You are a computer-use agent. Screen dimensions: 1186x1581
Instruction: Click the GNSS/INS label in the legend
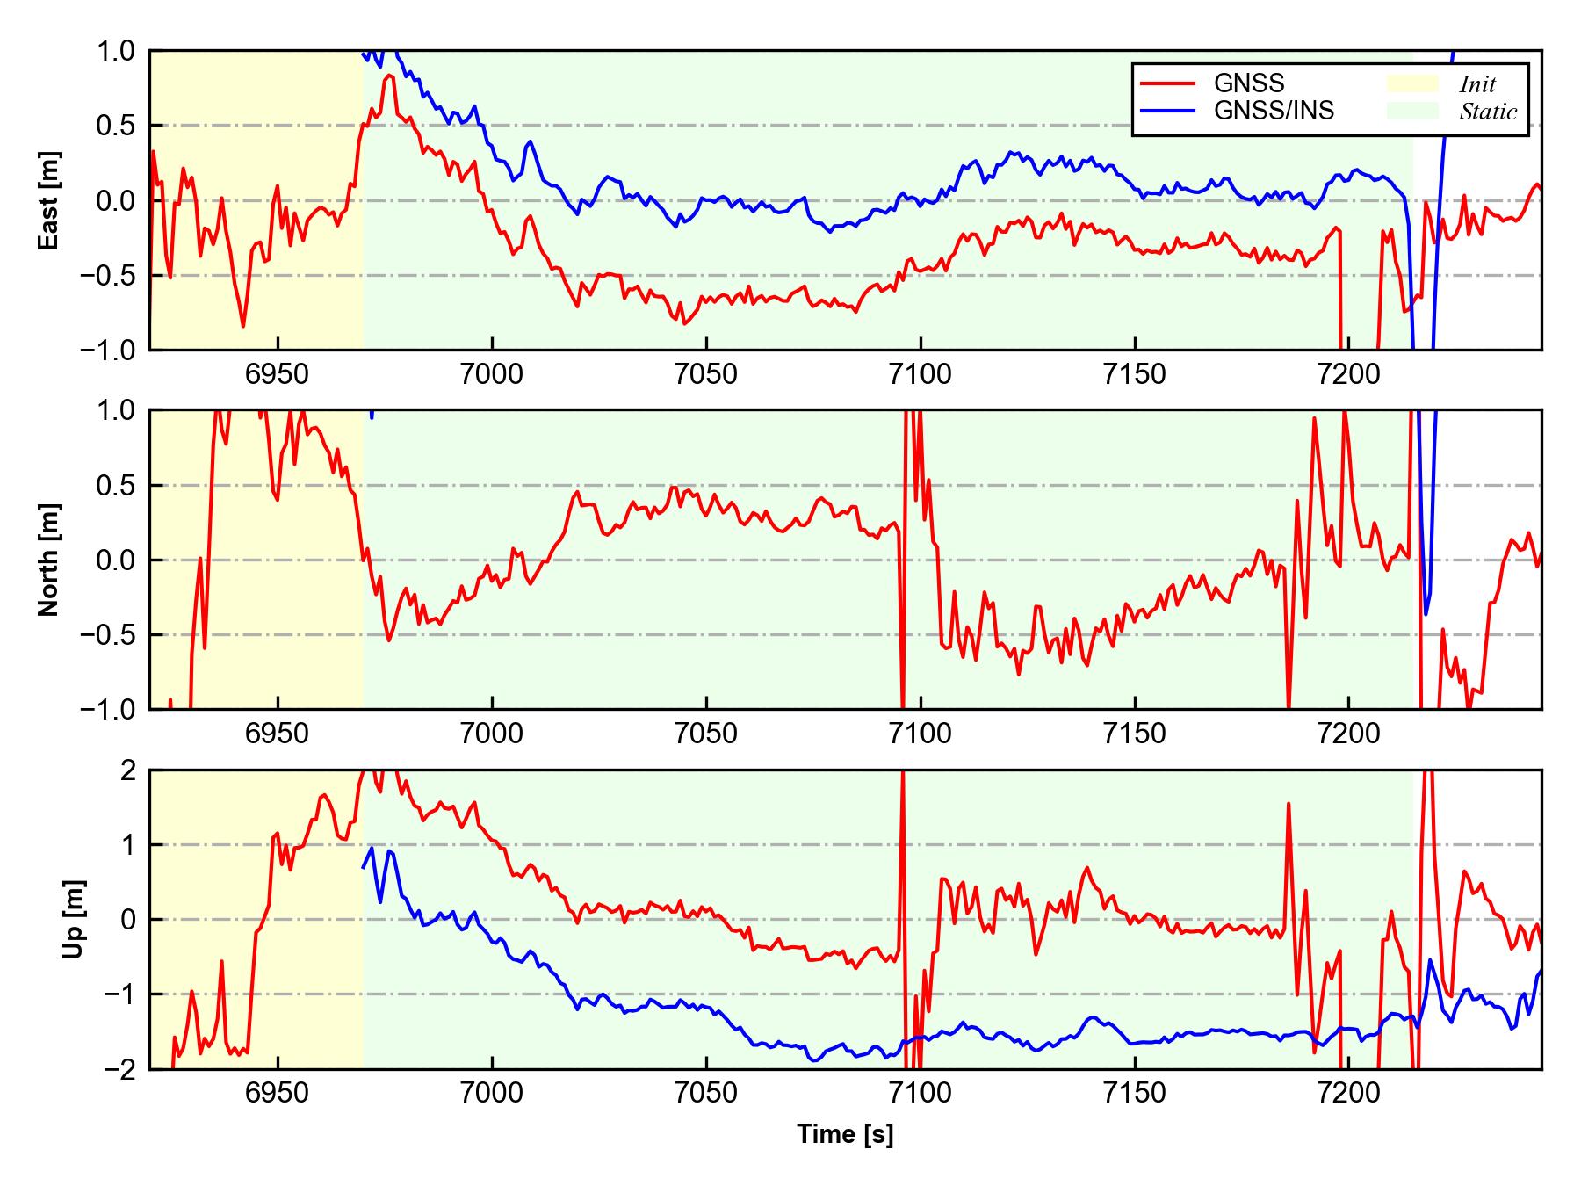(x=1274, y=111)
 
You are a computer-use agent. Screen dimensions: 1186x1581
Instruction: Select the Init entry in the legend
(x=1477, y=84)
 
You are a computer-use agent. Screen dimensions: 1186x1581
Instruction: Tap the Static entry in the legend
(x=1488, y=112)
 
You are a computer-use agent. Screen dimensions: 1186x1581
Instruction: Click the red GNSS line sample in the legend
(x=1167, y=83)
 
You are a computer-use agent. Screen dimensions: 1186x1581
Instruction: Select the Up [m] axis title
(x=74, y=919)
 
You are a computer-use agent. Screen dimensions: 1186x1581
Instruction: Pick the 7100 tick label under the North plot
(x=920, y=734)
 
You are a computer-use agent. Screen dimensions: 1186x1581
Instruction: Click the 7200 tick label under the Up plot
(x=1349, y=1094)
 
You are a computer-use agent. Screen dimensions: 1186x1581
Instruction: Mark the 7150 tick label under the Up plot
(x=1135, y=1094)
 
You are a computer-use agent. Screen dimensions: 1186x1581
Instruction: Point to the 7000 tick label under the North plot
(x=492, y=734)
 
